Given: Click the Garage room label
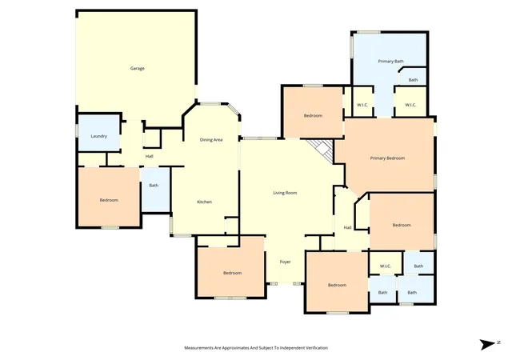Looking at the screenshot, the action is (137, 68).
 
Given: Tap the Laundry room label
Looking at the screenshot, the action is (98, 136).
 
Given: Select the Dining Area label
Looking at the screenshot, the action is (211, 139).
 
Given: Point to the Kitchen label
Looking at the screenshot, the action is (205, 202).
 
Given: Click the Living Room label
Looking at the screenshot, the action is (285, 193).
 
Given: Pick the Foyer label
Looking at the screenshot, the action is (285, 262).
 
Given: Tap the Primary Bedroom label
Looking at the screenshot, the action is (387, 158).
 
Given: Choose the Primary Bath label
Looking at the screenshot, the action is (390, 61).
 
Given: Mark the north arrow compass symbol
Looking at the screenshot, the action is (487, 344).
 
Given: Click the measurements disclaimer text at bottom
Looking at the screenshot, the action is (256, 347).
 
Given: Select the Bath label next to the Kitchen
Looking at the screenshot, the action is (154, 186).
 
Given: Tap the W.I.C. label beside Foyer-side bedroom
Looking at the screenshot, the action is (386, 266).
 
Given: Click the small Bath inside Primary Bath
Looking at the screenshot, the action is (413, 80).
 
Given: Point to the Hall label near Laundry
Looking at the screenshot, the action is (150, 156).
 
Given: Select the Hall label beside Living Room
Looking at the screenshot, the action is (347, 227).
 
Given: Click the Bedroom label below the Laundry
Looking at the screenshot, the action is (109, 200).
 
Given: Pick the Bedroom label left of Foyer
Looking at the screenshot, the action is (232, 273).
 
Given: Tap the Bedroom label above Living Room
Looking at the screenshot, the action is (313, 115).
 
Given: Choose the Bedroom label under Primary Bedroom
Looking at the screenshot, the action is (402, 225).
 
